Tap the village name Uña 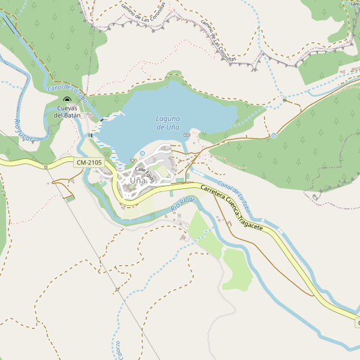(x=137, y=180)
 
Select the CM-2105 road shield (x=89, y=163)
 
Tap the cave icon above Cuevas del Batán (x=67, y=101)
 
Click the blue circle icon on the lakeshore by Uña (x=142, y=154)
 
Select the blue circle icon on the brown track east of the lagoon (x=274, y=136)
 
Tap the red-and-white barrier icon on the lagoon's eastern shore (x=186, y=136)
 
